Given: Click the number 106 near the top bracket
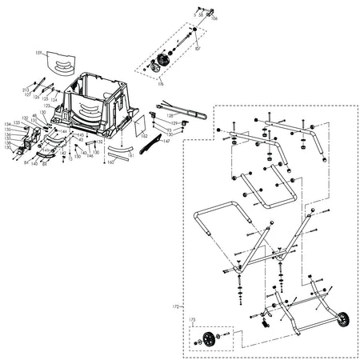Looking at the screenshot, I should click(214, 18).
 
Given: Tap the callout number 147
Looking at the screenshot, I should click(166, 141).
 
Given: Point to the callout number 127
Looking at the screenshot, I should click(27, 94).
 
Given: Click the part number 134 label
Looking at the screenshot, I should click(7, 124).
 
